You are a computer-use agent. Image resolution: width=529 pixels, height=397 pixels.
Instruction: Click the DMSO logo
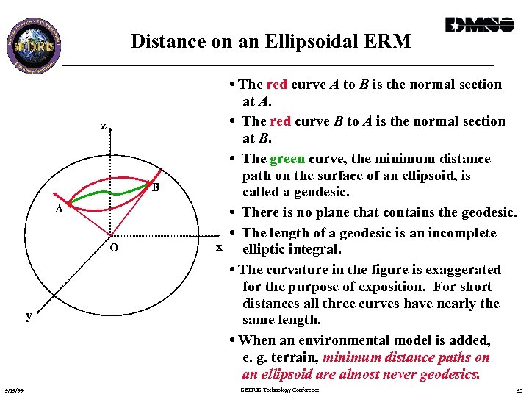tap(479, 25)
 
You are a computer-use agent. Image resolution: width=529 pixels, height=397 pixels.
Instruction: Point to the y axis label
tap(28, 315)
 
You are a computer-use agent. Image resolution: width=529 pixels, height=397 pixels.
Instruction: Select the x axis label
tap(217, 247)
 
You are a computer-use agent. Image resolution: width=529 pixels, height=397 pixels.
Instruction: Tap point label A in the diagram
tap(60, 209)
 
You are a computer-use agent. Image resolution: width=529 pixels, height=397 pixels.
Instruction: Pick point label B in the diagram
tap(156, 187)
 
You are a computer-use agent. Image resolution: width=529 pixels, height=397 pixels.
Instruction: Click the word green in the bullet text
tap(287, 159)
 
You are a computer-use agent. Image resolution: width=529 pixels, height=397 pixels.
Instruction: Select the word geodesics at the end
tap(447, 375)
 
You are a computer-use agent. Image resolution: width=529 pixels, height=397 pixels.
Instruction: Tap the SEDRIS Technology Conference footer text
tap(280, 390)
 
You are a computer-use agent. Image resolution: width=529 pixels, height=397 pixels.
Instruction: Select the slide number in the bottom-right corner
tap(518, 390)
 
